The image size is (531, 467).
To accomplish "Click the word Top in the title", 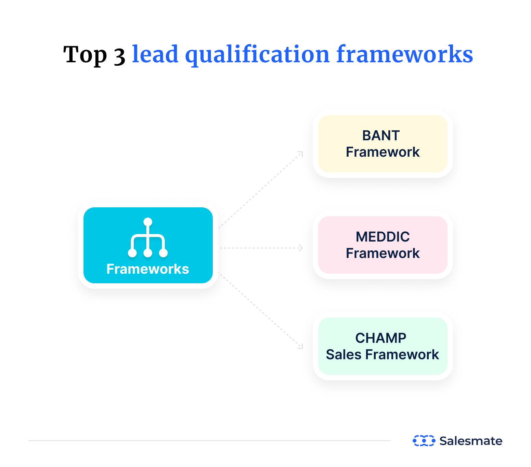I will (x=85, y=55).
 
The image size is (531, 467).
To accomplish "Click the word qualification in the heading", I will (x=257, y=55).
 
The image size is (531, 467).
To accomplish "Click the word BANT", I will (x=381, y=135).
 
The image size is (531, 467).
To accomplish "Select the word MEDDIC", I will (x=383, y=237).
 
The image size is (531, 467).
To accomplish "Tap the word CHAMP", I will (x=381, y=338).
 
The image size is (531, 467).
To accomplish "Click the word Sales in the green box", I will (x=344, y=355).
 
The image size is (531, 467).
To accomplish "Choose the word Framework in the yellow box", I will (x=383, y=152).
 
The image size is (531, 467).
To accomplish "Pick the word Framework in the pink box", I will (x=383, y=254).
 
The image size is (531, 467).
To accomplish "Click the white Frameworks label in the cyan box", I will (x=148, y=269).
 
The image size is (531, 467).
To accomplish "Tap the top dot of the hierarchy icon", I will (x=148, y=222).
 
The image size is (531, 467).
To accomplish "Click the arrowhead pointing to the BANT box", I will (x=301, y=154).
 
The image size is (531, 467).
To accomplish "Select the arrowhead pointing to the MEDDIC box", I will (x=301, y=248).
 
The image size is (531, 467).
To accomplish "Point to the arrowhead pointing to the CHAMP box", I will (x=301, y=347).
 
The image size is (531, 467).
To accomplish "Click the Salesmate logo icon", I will (x=424, y=441).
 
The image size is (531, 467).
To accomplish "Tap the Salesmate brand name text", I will (x=471, y=441).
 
